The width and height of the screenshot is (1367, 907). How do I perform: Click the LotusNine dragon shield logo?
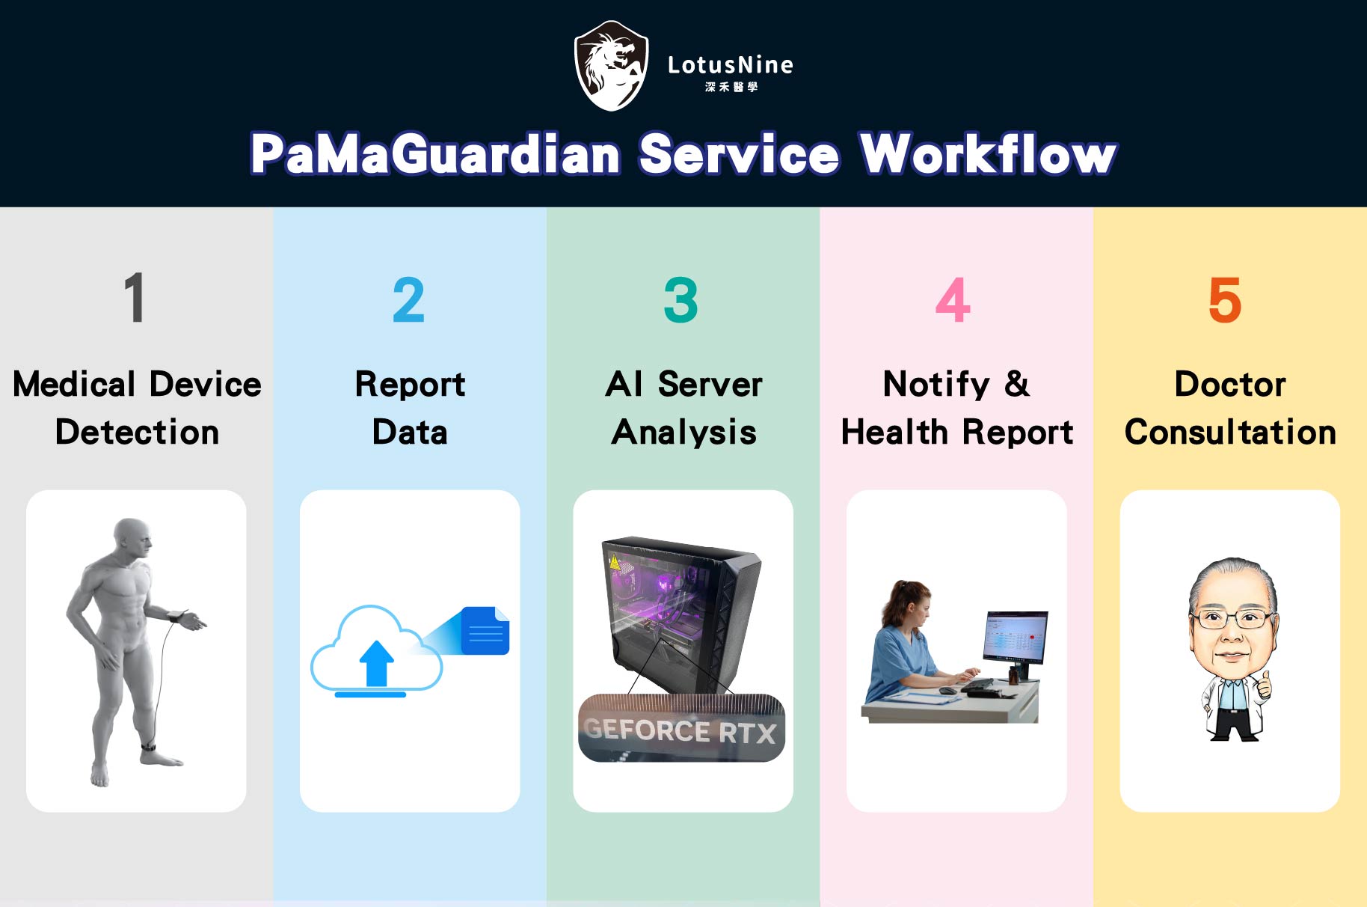pos(611,66)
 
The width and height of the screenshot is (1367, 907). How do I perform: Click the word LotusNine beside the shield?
pos(730,65)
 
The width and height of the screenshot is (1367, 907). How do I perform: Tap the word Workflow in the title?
pos(988,154)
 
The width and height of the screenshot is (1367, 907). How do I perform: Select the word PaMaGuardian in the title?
pos(435,154)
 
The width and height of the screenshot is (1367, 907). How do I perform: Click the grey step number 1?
pos(135,298)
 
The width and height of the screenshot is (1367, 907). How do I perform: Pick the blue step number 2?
pos(408,300)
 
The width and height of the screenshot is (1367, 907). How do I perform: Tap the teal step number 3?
pos(681,300)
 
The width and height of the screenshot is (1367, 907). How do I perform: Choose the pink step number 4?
pos(953,300)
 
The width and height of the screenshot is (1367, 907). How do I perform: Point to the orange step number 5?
pos(1225,300)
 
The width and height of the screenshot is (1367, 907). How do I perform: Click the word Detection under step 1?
pos(137,433)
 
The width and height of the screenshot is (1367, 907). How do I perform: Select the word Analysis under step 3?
pos(683,433)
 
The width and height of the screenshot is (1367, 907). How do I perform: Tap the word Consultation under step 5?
pos(1230,433)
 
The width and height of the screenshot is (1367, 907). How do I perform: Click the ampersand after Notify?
pos(1016,384)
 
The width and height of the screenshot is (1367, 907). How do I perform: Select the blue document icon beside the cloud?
pos(485,631)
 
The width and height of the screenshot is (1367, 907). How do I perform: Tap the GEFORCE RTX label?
pos(681,730)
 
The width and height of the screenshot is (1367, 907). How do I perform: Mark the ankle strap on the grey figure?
pos(149,746)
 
